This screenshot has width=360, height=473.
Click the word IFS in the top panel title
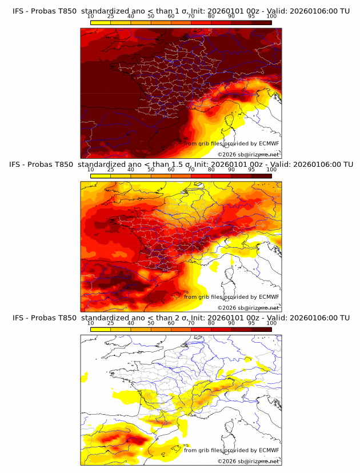pyautogui.click(x=19, y=11)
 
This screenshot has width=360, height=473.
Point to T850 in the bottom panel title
pyautogui.click(x=66, y=318)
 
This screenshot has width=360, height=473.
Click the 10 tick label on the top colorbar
pyautogui.click(x=91, y=17)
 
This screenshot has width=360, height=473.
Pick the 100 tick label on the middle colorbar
pyautogui.click(x=271, y=170)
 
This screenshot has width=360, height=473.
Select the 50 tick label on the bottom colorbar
pyautogui.click(x=151, y=323)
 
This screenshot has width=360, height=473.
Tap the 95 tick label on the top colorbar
pyautogui.click(x=251, y=17)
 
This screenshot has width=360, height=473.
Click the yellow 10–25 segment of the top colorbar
pyautogui.click(x=101, y=22)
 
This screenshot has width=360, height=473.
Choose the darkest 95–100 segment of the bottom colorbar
pyautogui.click(x=261, y=328)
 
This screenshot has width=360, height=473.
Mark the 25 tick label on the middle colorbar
pyautogui.click(x=111, y=170)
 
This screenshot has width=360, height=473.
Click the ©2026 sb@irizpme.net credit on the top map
pyautogui.click(x=248, y=155)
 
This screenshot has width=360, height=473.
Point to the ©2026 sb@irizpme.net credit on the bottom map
pyautogui.click(x=248, y=461)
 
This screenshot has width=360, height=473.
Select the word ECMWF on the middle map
pyautogui.click(x=269, y=296)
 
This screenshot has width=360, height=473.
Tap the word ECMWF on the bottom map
pyautogui.click(x=269, y=450)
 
